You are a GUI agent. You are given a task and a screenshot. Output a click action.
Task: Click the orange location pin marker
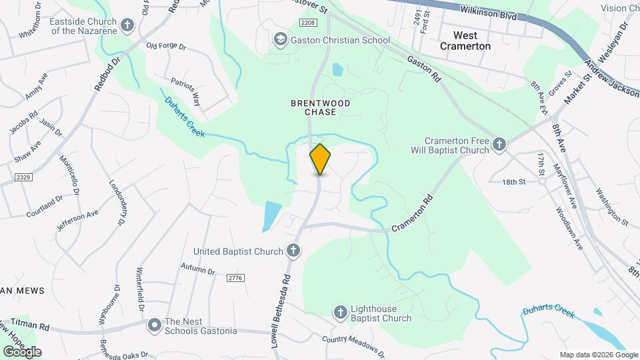click(320, 159)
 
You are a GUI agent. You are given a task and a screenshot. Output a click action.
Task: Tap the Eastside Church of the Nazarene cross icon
click(127, 26)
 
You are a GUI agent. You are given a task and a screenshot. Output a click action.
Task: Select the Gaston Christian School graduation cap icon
click(280, 40)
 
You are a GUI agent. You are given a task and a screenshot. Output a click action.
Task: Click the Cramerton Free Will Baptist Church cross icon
click(499, 145)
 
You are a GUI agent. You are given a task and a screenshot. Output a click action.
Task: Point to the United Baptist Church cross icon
click(293, 251)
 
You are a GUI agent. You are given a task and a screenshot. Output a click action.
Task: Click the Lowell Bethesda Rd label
click(281, 311)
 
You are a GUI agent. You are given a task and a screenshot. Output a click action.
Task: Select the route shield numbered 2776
click(235, 277)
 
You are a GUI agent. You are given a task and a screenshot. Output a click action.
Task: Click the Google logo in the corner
click(22, 351)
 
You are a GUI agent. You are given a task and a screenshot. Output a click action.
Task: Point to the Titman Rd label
click(35, 327)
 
